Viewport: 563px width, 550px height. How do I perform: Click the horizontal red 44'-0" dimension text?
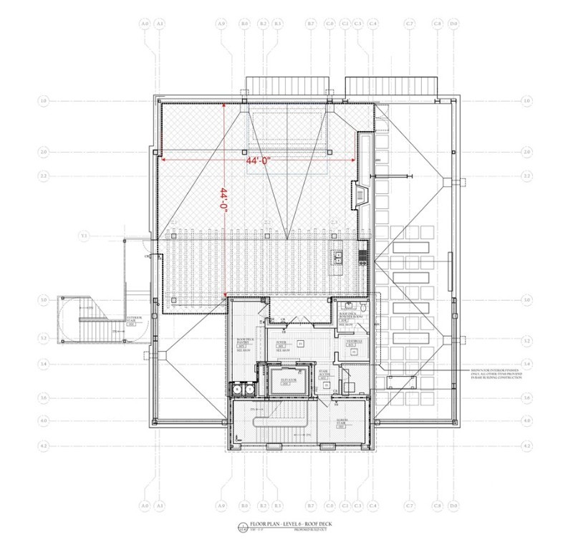click(x=257, y=162)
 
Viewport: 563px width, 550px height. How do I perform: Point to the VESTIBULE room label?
click(x=354, y=343)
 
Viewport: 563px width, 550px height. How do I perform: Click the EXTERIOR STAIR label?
click(x=134, y=319)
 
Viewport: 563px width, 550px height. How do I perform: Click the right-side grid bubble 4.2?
click(x=528, y=445)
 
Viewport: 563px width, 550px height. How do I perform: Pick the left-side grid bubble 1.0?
click(x=44, y=102)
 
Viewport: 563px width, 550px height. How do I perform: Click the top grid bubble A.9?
click(x=221, y=24)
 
